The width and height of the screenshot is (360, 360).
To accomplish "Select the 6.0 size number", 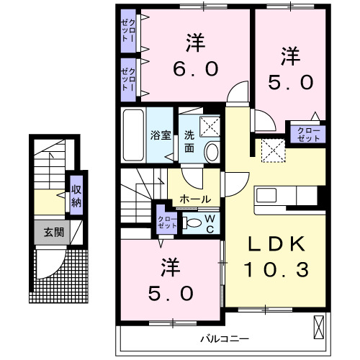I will (x=194, y=70).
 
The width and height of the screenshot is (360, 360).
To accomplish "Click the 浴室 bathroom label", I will (x=158, y=135).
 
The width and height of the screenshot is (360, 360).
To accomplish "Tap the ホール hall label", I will (x=195, y=198).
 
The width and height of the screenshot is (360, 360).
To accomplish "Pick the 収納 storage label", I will (x=76, y=194).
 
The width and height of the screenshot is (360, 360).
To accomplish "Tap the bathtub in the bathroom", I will (x=133, y=135).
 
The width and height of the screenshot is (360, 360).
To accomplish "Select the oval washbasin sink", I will (x=212, y=150).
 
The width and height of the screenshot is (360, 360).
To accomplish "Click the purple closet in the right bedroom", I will (x=307, y=132).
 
